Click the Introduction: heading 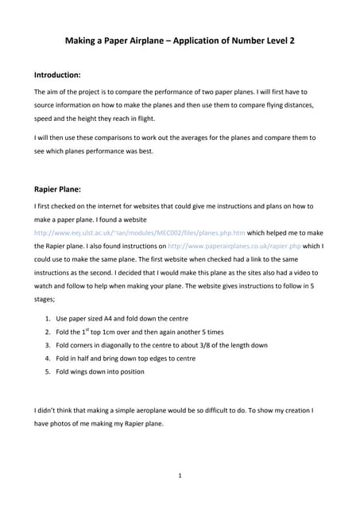(x=57, y=75)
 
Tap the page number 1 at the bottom (x=180, y=476)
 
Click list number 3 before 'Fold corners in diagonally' (x=48, y=344)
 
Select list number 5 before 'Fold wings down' (x=48, y=371)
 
